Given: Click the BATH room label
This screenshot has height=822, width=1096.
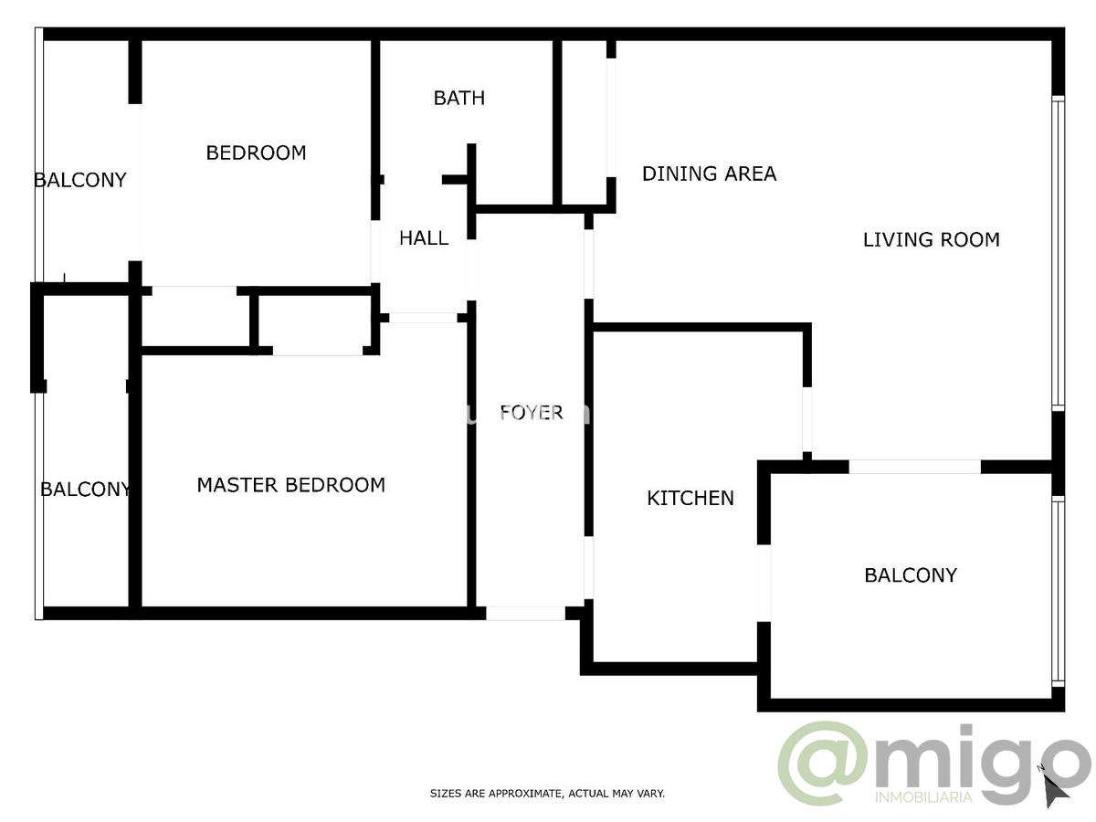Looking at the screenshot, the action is click(458, 98).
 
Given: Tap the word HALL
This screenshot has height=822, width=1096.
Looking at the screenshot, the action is click(424, 238).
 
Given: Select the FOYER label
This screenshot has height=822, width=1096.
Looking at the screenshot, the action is click(532, 412).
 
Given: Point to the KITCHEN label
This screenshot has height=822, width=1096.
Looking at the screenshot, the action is click(690, 498).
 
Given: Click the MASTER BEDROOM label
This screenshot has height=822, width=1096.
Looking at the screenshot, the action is click(291, 485).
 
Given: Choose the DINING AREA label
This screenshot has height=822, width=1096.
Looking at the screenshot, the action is click(709, 174).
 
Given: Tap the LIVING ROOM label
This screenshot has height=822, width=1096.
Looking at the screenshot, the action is click(932, 239).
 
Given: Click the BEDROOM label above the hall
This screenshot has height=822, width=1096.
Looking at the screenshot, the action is click(256, 153).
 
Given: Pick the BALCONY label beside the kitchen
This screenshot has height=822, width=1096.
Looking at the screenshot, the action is click(911, 575).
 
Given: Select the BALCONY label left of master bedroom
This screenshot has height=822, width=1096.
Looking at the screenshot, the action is click(86, 490).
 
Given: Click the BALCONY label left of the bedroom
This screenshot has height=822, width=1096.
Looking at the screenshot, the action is click(80, 180).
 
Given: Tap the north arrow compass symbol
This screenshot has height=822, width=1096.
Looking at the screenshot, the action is click(1055, 787).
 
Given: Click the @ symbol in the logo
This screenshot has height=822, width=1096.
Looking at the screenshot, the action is click(824, 763).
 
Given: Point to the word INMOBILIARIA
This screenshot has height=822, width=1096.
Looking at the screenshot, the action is click(923, 797).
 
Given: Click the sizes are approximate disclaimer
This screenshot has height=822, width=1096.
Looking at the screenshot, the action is click(547, 794).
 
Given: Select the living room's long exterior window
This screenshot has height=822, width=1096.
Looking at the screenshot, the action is click(1058, 254).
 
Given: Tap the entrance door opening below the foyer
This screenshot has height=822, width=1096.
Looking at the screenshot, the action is click(525, 614).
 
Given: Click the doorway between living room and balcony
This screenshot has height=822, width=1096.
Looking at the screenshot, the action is click(915, 467).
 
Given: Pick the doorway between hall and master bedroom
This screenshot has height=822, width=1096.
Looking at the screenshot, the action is click(423, 318).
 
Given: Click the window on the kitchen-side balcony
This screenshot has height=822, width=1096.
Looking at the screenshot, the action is click(1058, 592).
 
